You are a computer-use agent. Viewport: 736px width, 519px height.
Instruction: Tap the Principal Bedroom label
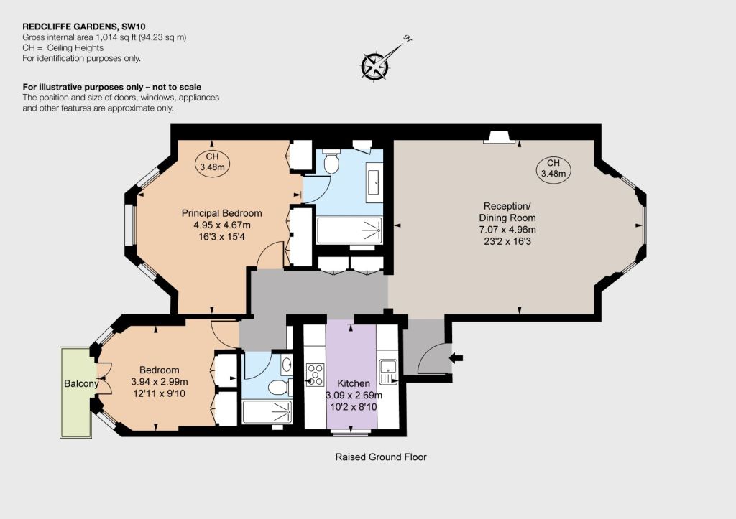point(221,213)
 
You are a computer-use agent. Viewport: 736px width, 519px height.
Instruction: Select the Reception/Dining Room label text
point(507,212)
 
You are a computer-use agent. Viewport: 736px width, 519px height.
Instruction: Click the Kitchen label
point(354,383)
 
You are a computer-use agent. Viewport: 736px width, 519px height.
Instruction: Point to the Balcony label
point(81,383)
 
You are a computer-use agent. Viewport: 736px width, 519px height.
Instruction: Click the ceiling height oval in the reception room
point(553,168)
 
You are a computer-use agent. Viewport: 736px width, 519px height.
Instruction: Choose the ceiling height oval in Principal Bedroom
point(212,162)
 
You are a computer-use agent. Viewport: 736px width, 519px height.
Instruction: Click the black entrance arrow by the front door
point(456,358)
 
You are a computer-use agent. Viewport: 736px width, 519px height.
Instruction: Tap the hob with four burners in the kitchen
point(315,375)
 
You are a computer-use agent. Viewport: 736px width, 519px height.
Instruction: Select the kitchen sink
point(388,371)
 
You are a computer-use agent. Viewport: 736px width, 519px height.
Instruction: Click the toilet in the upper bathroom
point(332,161)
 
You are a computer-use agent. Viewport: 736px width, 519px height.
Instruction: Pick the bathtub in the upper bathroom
point(349,230)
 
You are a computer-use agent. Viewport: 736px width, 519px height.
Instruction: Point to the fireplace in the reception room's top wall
point(500,137)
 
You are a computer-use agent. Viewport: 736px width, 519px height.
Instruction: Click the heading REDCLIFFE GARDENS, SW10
point(80,27)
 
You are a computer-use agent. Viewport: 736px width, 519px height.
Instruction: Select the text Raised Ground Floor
point(381,457)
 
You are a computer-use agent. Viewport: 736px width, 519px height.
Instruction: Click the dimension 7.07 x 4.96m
point(507,230)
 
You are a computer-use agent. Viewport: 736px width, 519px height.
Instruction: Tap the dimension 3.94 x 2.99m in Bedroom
point(160,382)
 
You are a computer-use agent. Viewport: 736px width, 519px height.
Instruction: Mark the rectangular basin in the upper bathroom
point(374,182)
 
